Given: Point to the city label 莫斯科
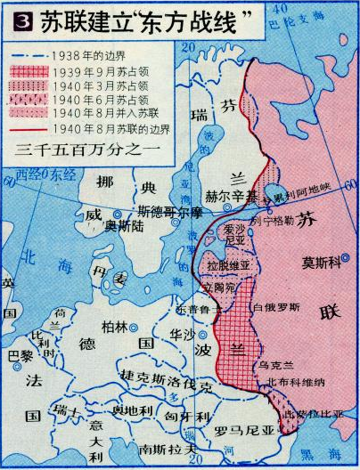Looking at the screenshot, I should [x=323, y=263].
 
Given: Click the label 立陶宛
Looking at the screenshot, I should [x=217, y=289].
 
